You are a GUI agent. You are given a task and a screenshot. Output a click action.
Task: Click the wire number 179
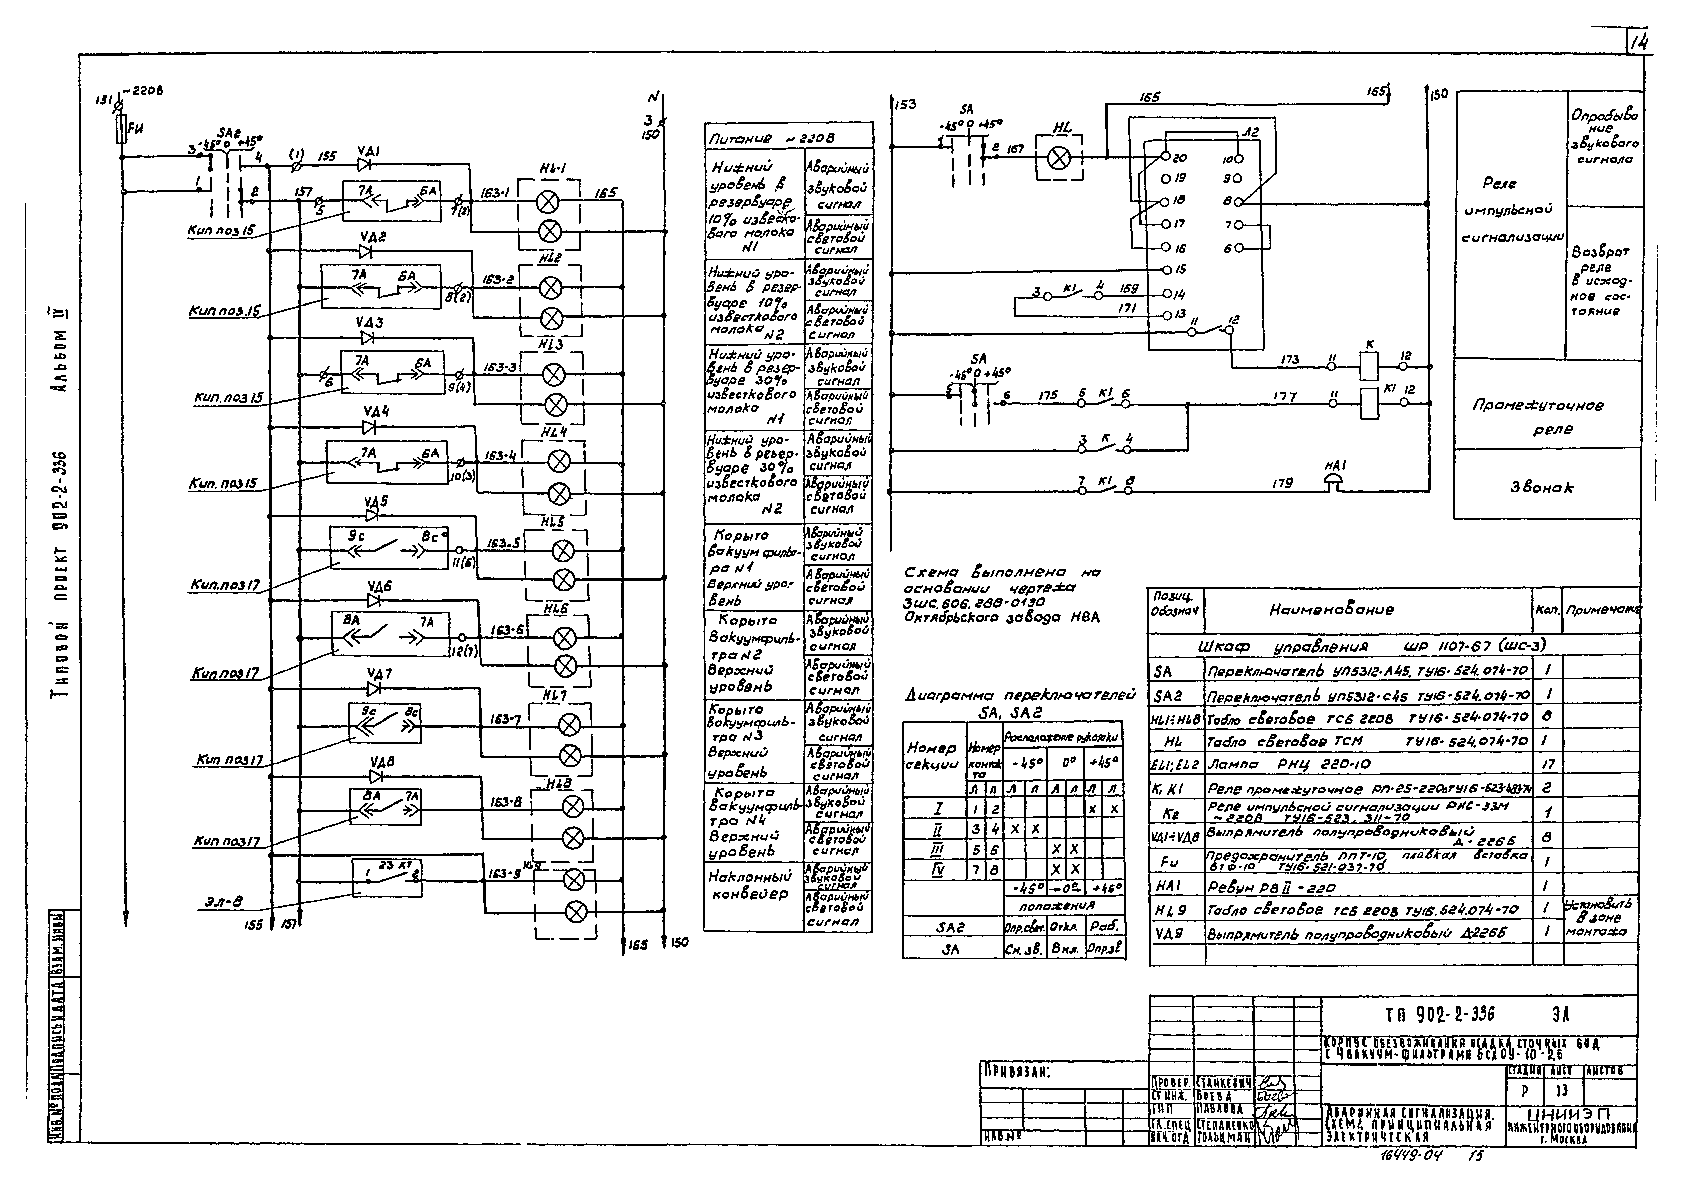[x=1282, y=484]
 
